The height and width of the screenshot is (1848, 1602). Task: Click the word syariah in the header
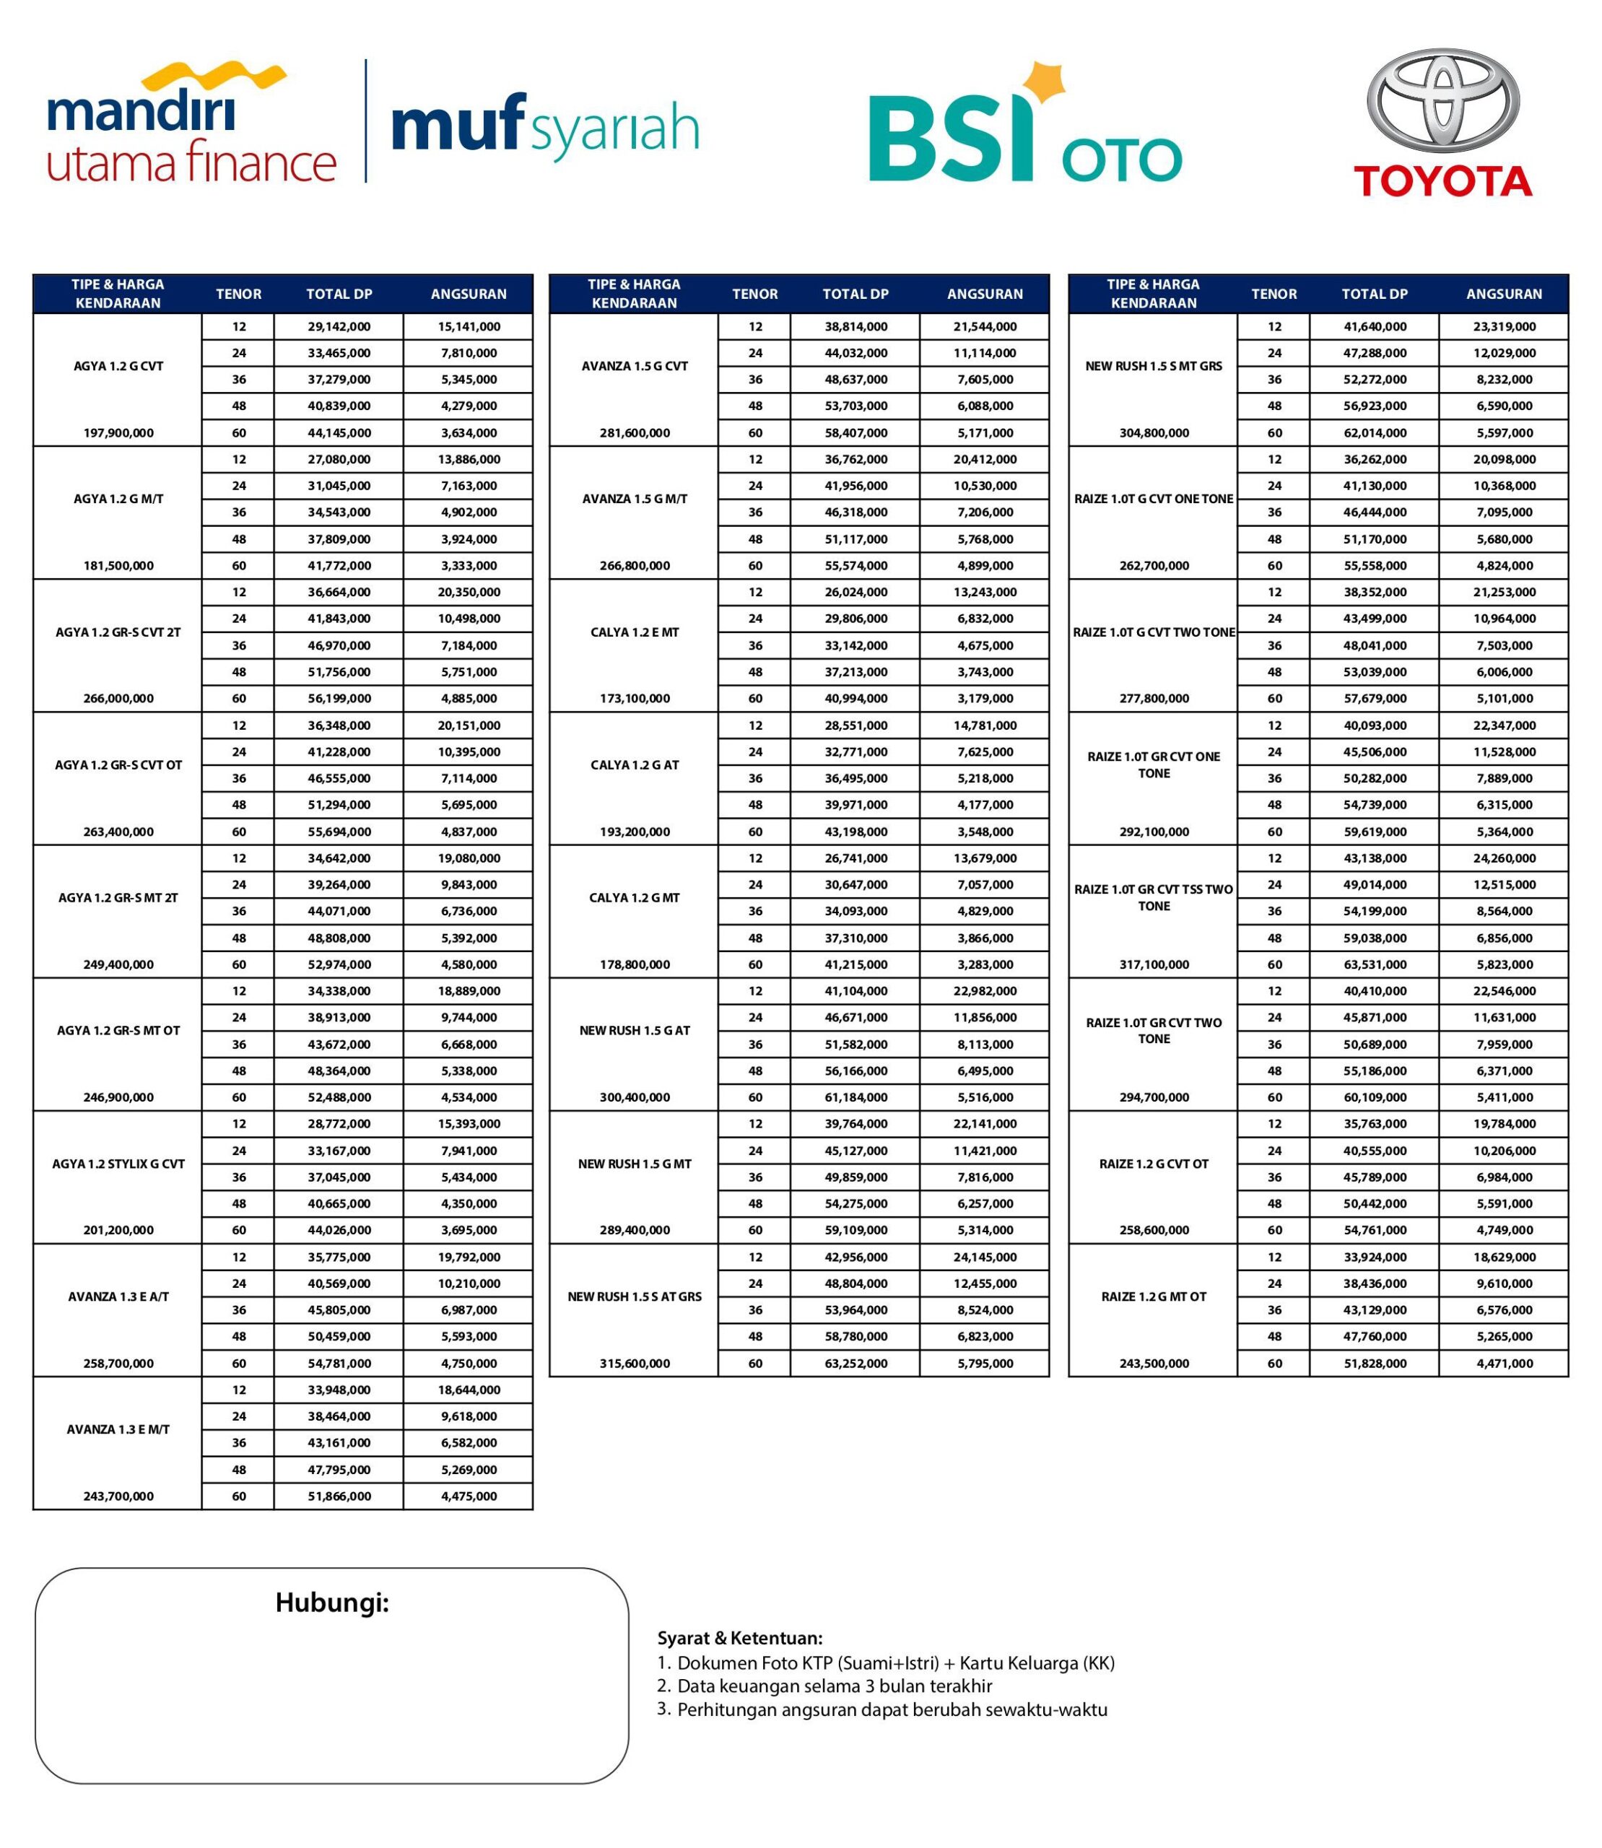615,130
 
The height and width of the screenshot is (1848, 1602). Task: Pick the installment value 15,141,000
469,326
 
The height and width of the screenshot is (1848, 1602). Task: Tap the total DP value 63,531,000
1374,964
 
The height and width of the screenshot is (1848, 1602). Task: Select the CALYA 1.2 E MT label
634,632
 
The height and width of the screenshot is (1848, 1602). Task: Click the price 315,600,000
634,1364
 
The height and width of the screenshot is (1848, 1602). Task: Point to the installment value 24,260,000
1504,858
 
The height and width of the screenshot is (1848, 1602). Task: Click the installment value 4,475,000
469,1496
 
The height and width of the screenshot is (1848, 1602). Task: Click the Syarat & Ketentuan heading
739,1638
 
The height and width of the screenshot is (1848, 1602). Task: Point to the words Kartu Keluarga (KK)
1036,1663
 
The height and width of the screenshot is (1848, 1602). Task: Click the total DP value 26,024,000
856,592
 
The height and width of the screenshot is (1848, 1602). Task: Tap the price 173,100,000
634,698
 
